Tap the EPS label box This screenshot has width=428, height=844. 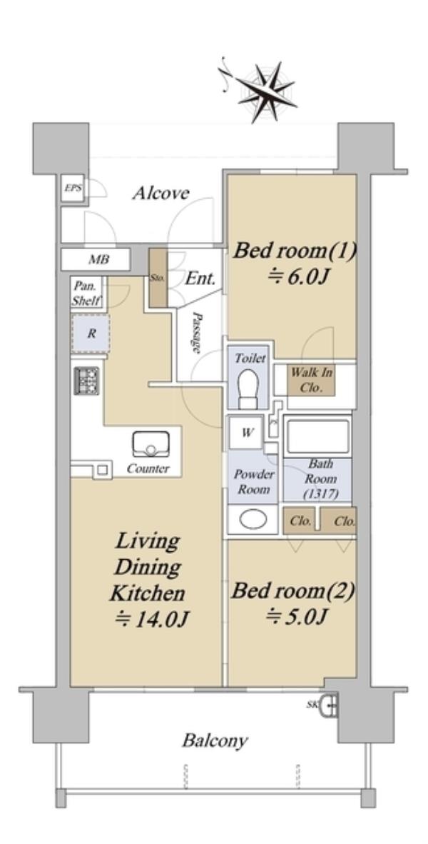point(72,189)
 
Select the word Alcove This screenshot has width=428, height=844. point(160,193)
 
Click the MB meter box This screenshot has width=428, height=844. point(95,259)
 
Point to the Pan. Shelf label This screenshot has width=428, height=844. point(85,293)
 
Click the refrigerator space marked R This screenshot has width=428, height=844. point(91,333)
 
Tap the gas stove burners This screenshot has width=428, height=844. point(86,381)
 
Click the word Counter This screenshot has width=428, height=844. point(148,469)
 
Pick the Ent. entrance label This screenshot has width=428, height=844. point(200,278)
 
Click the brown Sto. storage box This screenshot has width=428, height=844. point(157,278)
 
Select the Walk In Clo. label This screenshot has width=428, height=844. point(311,379)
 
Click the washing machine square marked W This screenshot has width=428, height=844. point(246,433)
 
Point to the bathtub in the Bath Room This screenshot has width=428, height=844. point(317,436)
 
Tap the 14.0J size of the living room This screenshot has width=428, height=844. point(151,619)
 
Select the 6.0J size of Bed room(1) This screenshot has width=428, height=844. point(297,276)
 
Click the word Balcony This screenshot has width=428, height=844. point(215,740)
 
